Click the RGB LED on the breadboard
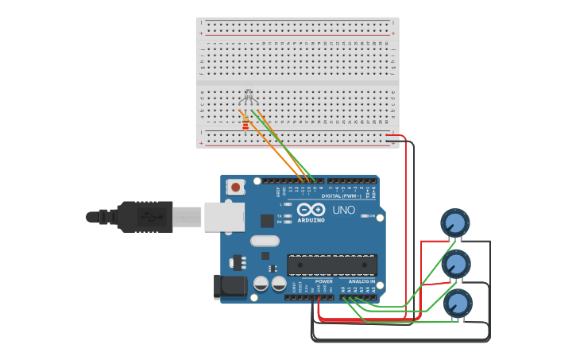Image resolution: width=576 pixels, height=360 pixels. tap(248, 98)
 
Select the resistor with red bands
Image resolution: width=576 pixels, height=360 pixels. tap(245, 124)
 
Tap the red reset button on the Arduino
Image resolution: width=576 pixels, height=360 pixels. tap(236, 188)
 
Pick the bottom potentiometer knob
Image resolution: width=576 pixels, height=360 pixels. tap(458, 303)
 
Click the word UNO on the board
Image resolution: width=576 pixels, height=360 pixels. tap(343, 209)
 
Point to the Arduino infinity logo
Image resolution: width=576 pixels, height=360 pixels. tap(311, 209)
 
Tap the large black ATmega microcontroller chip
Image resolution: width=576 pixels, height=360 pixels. tap(332, 265)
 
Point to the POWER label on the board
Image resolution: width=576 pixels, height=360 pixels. tap(323, 281)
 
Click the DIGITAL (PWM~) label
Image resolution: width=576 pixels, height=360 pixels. tap(342, 195)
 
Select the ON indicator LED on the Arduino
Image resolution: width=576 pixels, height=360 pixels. tap(365, 215)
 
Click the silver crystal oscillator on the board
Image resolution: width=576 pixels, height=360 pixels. tap(265, 241)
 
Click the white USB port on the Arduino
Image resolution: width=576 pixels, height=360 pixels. tap(223, 216)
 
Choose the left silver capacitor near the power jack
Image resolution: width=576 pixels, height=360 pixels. tap(261, 284)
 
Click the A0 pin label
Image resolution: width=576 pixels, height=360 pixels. tap(343, 289)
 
